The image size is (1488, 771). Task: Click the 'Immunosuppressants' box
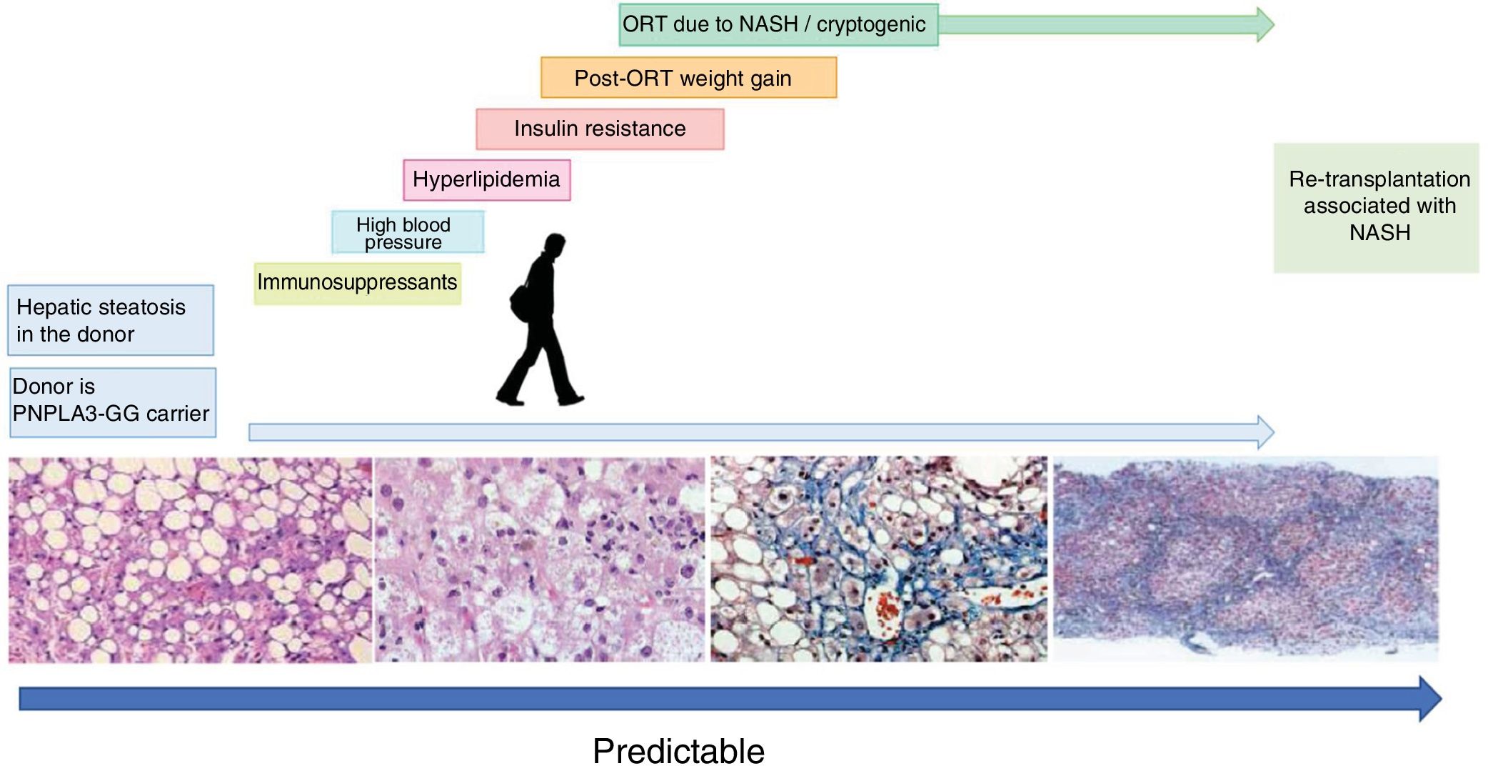[x=357, y=283]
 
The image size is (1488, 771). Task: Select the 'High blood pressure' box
[x=407, y=232]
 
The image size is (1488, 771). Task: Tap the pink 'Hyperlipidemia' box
[x=486, y=179]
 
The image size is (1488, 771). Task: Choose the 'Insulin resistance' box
[x=600, y=129]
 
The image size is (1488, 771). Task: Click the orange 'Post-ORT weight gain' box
[x=688, y=78]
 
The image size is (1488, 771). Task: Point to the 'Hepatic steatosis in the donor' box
[x=111, y=320]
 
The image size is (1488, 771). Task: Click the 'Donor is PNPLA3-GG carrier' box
[x=112, y=402]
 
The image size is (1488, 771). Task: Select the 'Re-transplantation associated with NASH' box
[x=1376, y=207]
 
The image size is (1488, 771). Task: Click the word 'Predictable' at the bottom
[x=678, y=752]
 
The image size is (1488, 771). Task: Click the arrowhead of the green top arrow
[x=1265, y=25]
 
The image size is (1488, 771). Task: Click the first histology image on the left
[x=190, y=559]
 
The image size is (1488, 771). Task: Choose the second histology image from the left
[x=540, y=559]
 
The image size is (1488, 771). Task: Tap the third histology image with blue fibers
[x=879, y=559]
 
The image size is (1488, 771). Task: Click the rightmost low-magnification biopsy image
[x=1246, y=559]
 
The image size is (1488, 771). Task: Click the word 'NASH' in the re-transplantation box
[x=1379, y=233]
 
